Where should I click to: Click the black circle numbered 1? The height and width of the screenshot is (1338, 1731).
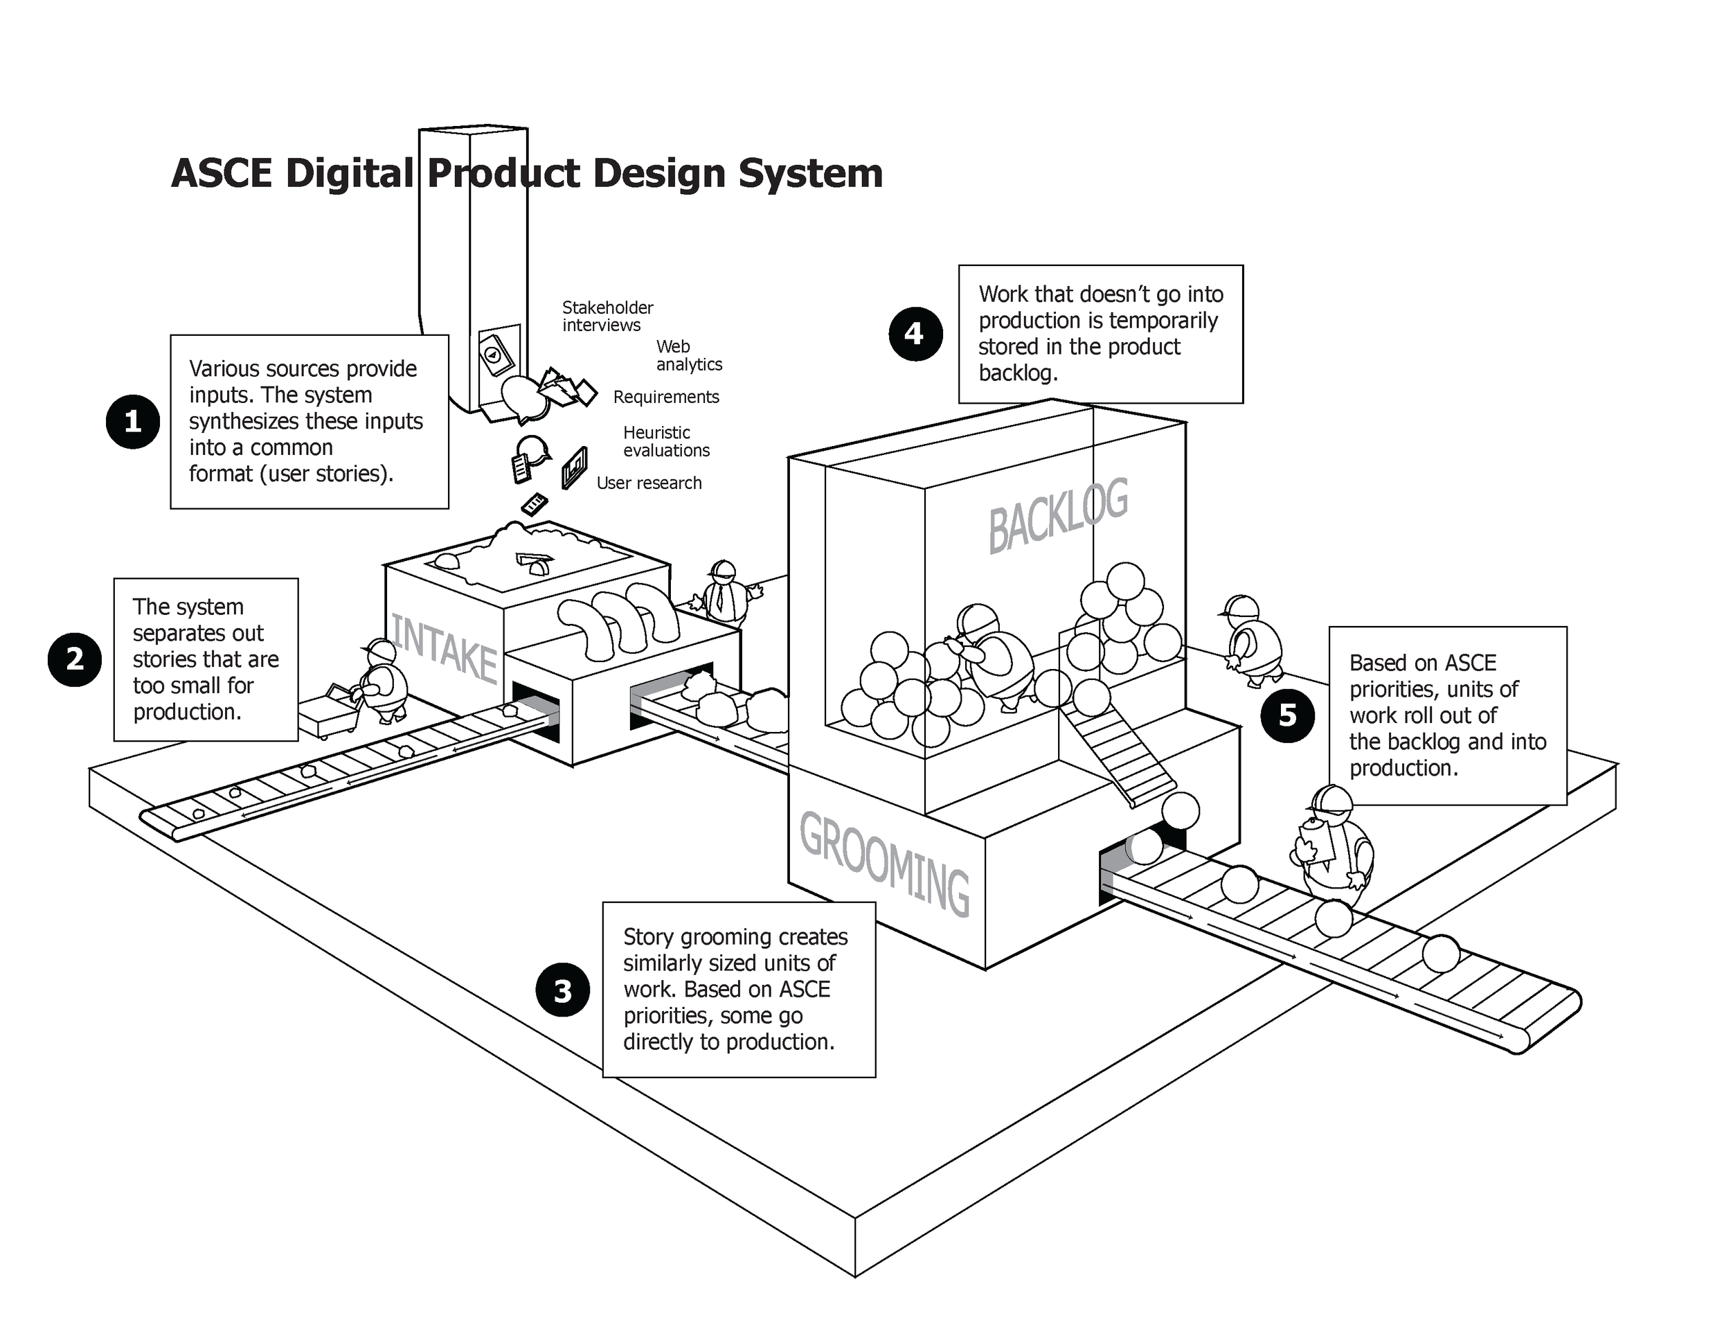click(132, 422)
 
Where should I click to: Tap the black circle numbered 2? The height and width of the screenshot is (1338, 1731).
click(75, 659)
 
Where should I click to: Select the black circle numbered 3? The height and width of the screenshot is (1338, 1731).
click(563, 990)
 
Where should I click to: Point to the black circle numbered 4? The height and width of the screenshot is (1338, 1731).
click(915, 334)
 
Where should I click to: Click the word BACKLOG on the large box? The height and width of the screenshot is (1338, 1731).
click(1058, 516)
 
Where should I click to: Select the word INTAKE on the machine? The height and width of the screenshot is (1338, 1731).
click(445, 650)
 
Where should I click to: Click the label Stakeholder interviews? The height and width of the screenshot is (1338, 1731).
click(607, 316)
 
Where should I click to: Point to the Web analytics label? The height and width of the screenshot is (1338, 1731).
click(688, 356)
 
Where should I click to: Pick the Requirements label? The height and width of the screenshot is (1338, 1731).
click(666, 397)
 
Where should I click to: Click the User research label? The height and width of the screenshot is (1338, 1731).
click(648, 483)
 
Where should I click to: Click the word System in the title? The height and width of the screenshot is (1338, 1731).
click(810, 173)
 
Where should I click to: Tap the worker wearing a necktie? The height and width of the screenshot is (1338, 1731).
click(723, 594)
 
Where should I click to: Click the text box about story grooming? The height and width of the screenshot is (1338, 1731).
click(739, 989)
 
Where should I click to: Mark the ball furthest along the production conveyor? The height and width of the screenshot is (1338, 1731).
click(1440, 953)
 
